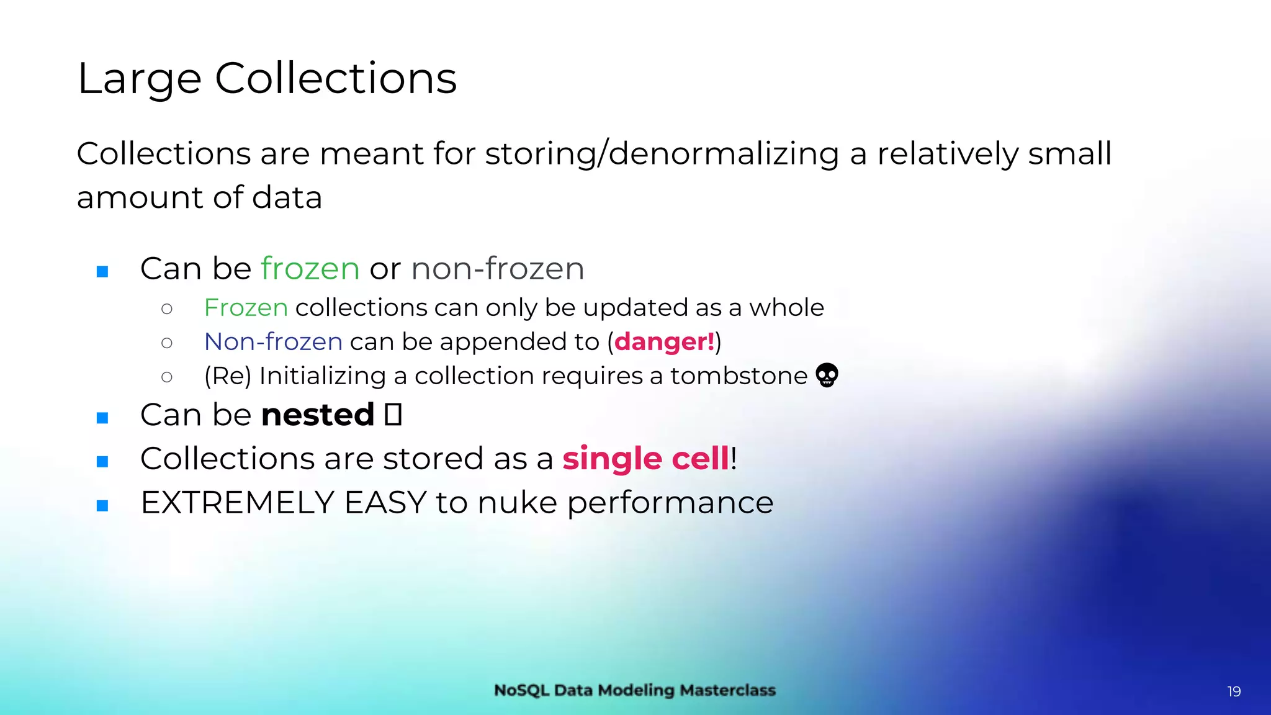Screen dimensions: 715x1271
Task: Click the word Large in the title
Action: (140, 79)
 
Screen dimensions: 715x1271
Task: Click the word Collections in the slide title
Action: (336, 79)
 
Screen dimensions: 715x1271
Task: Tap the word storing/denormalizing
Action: (662, 154)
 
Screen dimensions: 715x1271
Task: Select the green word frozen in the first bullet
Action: (310, 269)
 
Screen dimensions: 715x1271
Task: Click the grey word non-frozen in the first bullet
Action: (497, 269)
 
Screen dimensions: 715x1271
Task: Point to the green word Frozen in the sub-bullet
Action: (246, 308)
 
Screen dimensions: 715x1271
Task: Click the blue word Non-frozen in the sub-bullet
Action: (273, 342)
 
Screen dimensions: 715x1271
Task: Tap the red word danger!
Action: (664, 342)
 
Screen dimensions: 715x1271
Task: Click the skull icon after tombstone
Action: (827, 375)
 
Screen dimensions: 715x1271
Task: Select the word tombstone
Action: (739, 376)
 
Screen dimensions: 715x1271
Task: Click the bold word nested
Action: (318, 415)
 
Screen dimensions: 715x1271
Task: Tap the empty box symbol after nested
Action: (393, 415)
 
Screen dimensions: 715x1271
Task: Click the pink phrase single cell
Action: (645, 459)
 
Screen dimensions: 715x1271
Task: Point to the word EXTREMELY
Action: (237, 503)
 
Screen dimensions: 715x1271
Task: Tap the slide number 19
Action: (1234, 691)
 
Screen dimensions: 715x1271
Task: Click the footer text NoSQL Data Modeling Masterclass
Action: (635, 690)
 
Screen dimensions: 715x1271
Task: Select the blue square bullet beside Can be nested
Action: (103, 418)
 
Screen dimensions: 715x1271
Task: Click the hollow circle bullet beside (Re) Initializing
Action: (166, 377)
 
